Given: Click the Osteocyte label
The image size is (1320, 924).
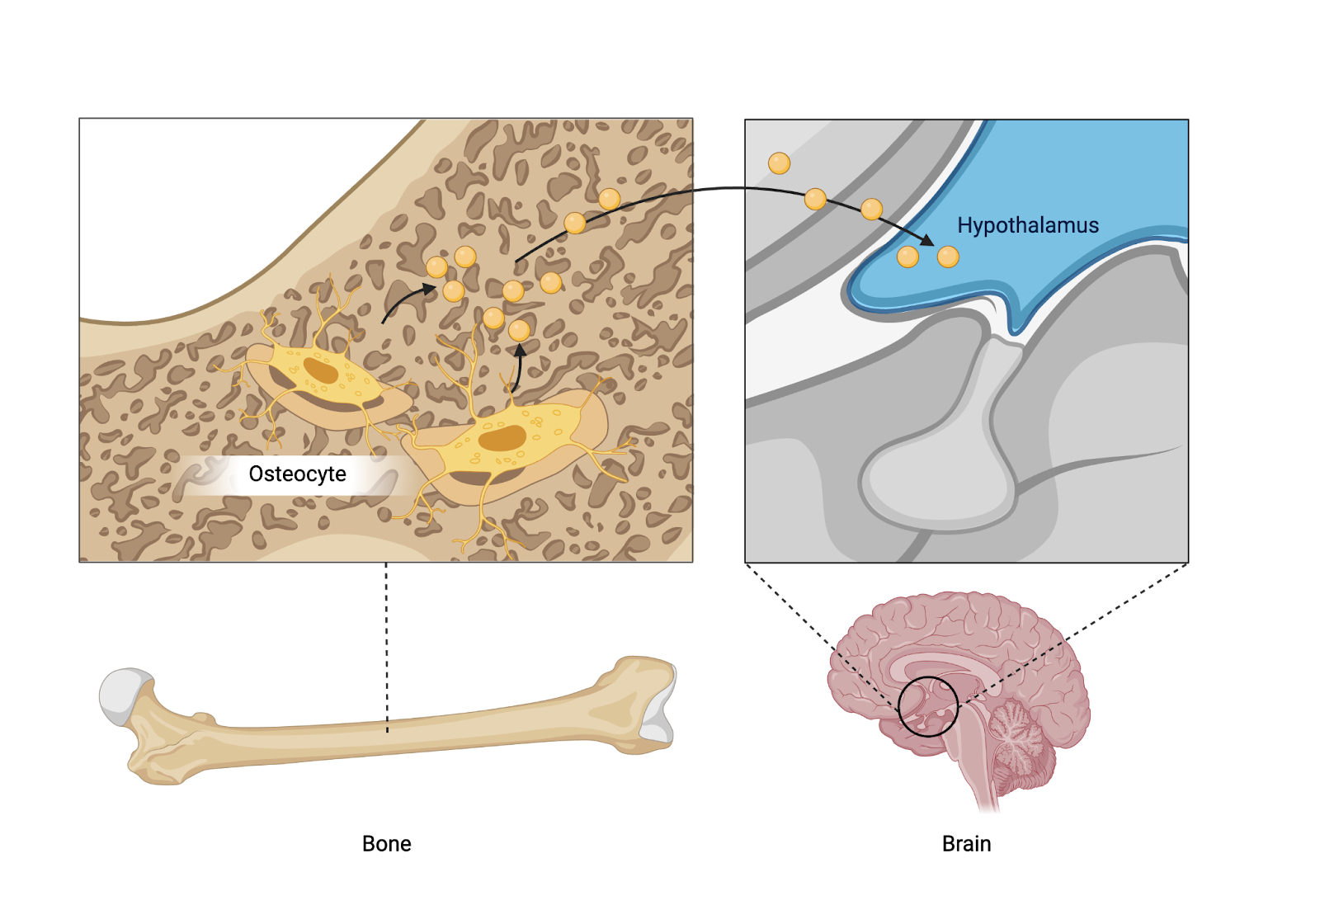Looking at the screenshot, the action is [x=297, y=474].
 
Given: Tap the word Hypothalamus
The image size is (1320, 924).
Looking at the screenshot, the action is [x=1027, y=225].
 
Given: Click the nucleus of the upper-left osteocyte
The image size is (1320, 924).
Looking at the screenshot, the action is [x=321, y=370].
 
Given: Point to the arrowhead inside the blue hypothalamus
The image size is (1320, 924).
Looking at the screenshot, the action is [x=927, y=241].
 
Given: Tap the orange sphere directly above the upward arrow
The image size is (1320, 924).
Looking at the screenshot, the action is [x=519, y=331].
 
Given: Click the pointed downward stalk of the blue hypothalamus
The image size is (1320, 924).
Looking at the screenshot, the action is [x=1016, y=318].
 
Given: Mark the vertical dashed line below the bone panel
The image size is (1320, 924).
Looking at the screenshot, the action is [x=386, y=643].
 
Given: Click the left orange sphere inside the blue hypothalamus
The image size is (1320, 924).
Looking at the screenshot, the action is [x=907, y=257].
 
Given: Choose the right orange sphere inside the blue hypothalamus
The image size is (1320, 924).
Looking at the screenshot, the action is [x=948, y=257].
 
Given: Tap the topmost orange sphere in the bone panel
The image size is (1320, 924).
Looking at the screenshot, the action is [x=609, y=199].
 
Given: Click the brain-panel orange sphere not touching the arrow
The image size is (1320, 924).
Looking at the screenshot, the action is [x=779, y=163].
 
